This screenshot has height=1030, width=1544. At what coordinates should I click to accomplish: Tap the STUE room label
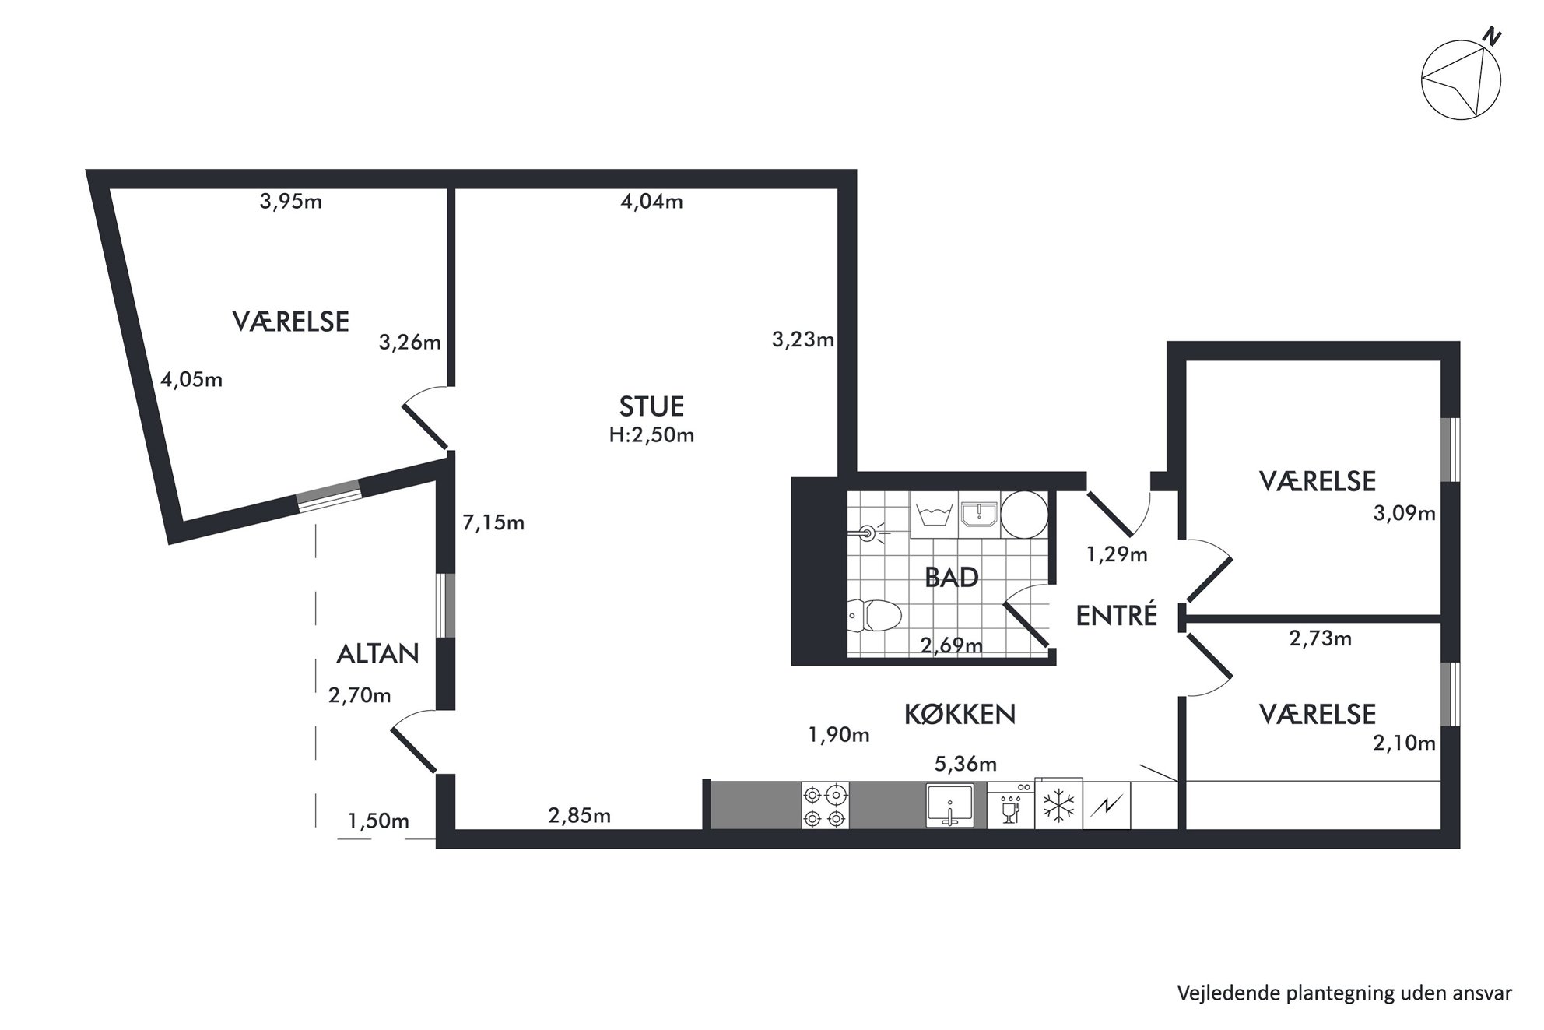[651, 406]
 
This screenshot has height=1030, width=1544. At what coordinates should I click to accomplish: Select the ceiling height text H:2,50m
[651, 435]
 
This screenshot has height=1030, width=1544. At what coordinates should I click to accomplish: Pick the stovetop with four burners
[825, 807]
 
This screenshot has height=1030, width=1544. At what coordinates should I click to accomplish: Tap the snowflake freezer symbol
[1058, 806]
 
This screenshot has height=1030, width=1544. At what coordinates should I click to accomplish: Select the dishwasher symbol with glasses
[1011, 806]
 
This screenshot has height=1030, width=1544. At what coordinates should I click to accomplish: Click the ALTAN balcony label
[377, 654]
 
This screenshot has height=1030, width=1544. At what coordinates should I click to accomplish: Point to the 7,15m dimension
[493, 523]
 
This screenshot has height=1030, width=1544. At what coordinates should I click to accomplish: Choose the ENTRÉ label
[1117, 616]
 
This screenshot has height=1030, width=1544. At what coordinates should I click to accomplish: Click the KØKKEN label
[960, 714]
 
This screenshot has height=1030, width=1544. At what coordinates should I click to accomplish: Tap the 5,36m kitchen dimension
[965, 764]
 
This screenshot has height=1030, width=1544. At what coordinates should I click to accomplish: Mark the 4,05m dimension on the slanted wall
[191, 380]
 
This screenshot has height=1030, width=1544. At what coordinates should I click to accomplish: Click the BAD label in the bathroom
[951, 578]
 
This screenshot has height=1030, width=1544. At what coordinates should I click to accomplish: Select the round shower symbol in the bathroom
[1024, 515]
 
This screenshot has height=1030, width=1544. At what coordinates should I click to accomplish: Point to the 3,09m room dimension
[1404, 514]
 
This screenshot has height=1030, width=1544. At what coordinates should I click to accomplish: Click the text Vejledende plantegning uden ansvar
[1345, 993]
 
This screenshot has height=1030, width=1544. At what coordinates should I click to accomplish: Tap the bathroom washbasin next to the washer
[979, 515]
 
